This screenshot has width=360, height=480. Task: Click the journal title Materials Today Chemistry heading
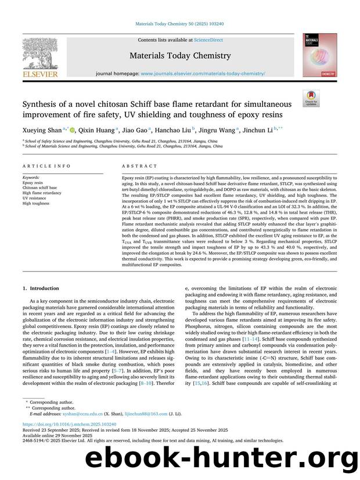coord(180,56)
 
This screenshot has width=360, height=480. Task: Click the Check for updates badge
coord(311,99)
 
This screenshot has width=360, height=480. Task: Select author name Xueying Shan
coord(39,131)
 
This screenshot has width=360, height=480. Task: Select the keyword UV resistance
coord(35,199)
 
